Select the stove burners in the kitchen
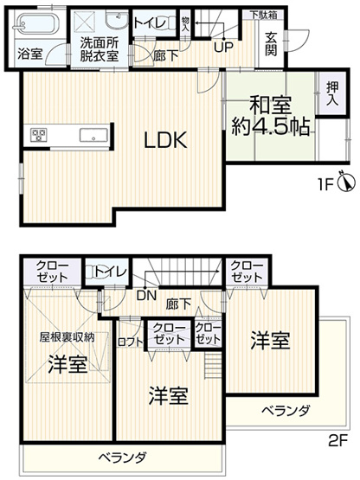point(38,134)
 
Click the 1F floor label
point(323,183)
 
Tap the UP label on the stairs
point(222,47)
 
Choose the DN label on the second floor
point(147,295)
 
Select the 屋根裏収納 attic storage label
point(66,336)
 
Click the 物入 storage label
point(185,22)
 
